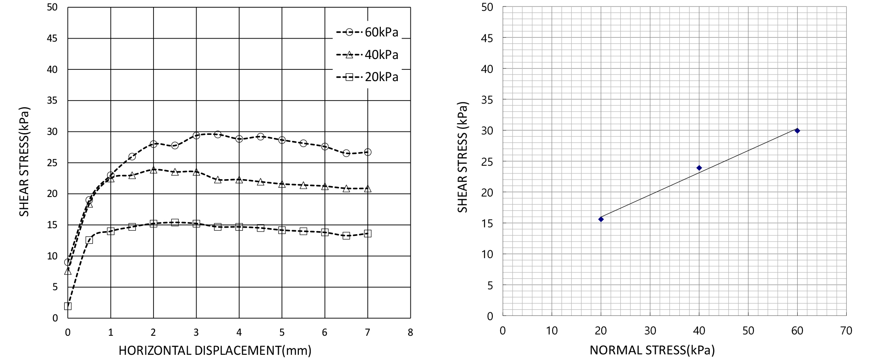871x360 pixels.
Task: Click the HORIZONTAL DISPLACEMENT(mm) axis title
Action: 215,350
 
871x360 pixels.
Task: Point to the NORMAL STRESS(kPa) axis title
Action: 652,350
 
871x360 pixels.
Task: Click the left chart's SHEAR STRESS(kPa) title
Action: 24,162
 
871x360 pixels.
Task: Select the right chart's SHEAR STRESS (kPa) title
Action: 463,157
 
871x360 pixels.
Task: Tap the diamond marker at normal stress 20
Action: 601,219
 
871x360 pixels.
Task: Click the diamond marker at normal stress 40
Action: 699,168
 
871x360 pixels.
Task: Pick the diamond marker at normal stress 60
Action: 797,131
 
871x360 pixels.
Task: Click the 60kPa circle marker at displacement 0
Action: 68,262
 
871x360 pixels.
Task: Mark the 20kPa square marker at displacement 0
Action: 68,306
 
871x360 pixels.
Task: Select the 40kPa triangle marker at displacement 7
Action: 368,189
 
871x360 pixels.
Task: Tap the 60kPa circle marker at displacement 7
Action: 368,152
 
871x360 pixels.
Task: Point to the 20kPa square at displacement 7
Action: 368,233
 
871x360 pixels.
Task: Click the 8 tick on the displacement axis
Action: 410,333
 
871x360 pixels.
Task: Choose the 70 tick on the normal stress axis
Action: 846,331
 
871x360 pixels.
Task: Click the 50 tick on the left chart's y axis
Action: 52,7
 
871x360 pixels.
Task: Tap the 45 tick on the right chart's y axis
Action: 487,38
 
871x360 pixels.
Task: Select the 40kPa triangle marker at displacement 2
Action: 154,170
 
